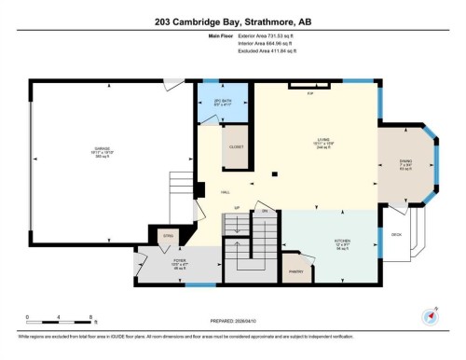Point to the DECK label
click(396, 234)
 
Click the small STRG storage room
click(170, 238)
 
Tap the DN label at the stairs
click(264, 212)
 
